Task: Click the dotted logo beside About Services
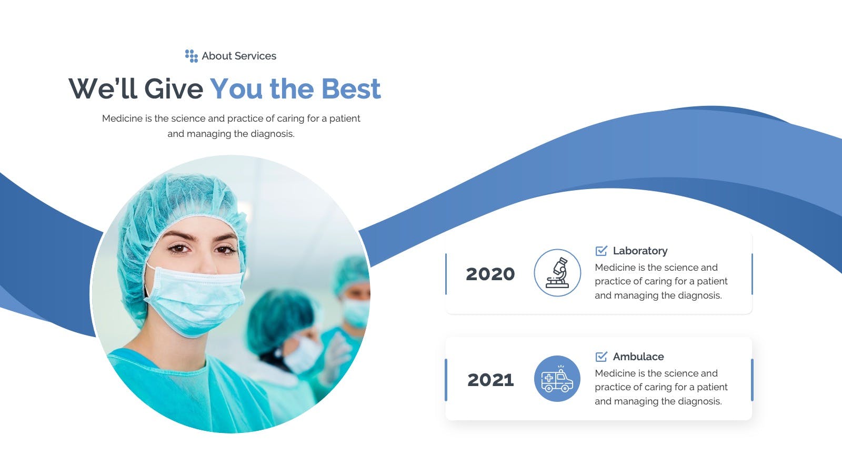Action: [x=192, y=56]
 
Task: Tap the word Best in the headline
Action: [x=350, y=89]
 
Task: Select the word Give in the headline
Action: [x=174, y=89]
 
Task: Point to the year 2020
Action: [x=490, y=274]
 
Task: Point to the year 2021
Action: [x=490, y=380]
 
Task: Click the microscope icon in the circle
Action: [x=557, y=273]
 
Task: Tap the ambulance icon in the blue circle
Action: [x=557, y=379]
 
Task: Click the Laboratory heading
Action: [x=640, y=251]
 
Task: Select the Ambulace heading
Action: [x=638, y=357]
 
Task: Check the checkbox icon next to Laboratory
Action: [x=601, y=251]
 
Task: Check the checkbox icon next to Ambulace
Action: [x=601, y=356]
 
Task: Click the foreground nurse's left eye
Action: [x=224, y=250]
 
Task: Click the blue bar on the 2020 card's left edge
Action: [x=446, y=274]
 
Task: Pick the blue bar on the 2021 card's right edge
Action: [x=752, y=380]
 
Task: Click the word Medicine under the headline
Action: [x=122, y=118]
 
